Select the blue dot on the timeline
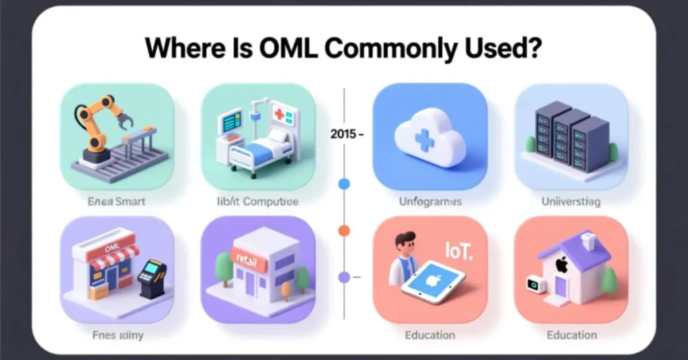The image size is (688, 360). point(344,183)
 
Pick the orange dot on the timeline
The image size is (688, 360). point(344,230)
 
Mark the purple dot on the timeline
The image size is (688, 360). point(344,276)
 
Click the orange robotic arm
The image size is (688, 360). point(101,121)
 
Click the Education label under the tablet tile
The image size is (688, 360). point(430,334)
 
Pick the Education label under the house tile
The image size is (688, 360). point(571,334)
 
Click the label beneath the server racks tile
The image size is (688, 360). point(571,201)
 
